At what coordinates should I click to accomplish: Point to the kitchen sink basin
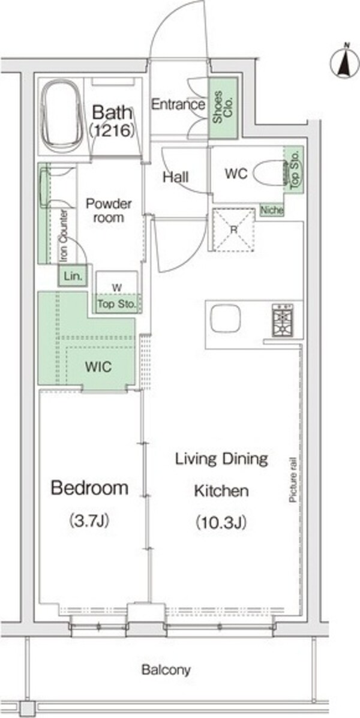point(226,318)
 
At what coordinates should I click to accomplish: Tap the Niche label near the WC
point(272,210)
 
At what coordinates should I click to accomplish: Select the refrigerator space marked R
point(234,230)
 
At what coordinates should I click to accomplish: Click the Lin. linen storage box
point(73,276)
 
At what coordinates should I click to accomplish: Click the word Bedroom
point(89,488)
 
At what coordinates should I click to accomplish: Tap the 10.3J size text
point(221,522)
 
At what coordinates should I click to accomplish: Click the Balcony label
point(166,671)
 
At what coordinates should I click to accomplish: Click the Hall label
point(176,177)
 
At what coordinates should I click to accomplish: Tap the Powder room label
point(109,210)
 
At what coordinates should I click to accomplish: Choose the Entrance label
point(178,104)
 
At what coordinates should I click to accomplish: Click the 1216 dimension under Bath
point(112,131)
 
